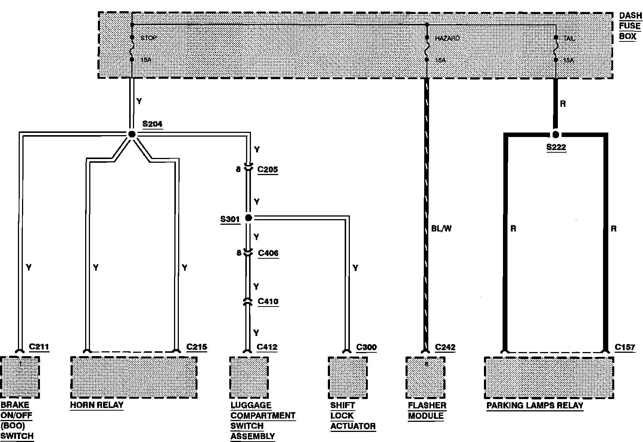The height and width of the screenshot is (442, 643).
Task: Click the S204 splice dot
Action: click(131, 134)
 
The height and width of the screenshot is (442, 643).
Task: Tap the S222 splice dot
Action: click(555, 134)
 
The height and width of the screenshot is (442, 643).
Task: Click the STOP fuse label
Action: click(148, 38)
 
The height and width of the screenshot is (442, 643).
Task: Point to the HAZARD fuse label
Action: click(447, 38)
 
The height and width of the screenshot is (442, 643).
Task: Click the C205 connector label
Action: click(268, 169)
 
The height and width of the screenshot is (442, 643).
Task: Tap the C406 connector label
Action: click(268, 253)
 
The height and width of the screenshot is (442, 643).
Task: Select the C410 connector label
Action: click(268, 301)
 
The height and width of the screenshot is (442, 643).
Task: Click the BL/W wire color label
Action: click(441, 228)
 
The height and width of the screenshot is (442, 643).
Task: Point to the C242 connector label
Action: click(445, 347)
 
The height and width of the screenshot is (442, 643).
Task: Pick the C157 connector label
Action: click(625, 347)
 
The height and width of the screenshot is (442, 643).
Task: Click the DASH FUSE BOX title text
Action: click(630, 26)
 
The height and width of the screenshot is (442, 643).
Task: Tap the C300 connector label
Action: click(366, 347)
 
